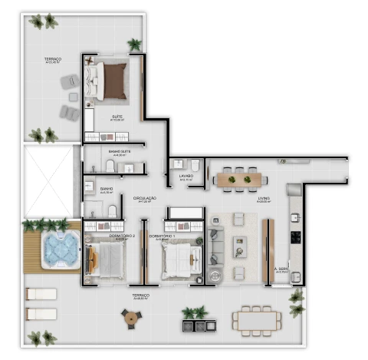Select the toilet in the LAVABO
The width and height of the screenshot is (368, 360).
pos(195,166)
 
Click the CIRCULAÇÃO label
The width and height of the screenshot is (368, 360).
pos(144,199)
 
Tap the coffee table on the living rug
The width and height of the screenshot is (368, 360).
pos(239,247)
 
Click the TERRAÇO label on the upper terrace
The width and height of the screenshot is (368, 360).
pos(53,59)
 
